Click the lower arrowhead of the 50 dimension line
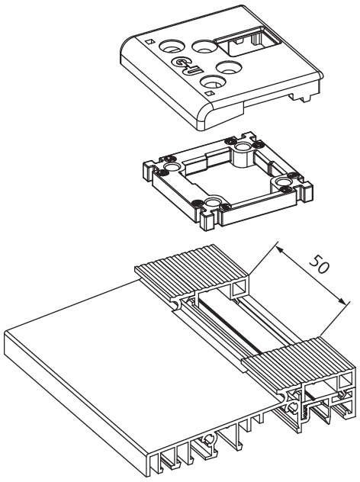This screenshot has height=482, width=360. pos(339,306)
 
